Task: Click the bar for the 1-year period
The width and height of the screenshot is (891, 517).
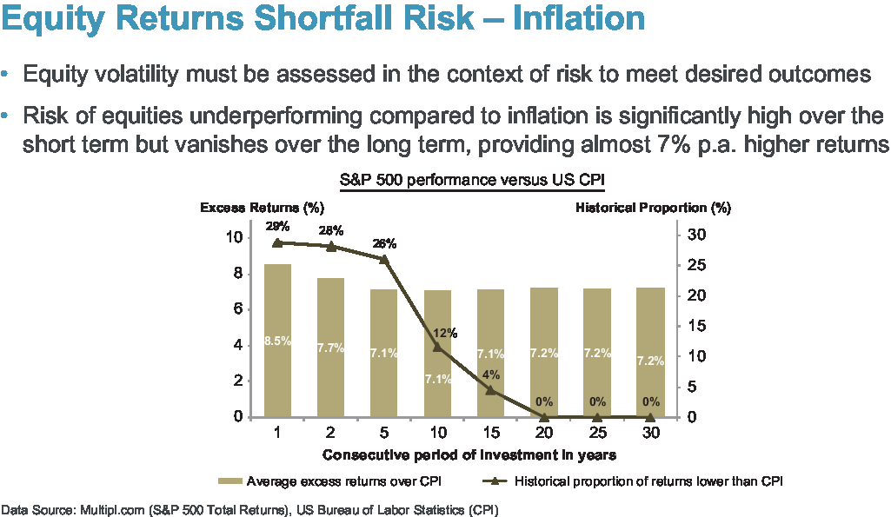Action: click(x=277, y=340)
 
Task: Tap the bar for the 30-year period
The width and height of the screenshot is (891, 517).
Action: click(x=650, y=352)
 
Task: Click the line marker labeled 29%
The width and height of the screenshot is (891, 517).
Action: click(x=277, y=243)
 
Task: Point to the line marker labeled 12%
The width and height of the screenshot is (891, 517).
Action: click(x=437, y=347)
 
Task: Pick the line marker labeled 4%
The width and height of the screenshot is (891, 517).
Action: click(x=490, y=390)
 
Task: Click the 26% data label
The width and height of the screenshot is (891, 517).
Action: click(x=383, y=243)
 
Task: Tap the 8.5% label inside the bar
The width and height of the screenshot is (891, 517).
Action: click(x=277, y=341)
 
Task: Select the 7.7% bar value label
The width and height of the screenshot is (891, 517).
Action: click(x=330, y=348)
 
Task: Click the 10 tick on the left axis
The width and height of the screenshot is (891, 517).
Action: click(x=232, y=236)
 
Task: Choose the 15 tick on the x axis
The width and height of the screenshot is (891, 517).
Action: click(x=490, y=433)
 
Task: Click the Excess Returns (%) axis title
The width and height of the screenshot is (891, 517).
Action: click(x=262, y=208)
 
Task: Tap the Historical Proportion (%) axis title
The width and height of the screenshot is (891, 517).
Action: click(x=653, y=208)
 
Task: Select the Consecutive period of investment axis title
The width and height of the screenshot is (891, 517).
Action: click(x=469, y=454)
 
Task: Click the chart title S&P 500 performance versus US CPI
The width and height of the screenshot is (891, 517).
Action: click(x=471, y=181)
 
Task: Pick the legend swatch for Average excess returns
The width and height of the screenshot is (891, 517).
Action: click(x=230, y=481)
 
